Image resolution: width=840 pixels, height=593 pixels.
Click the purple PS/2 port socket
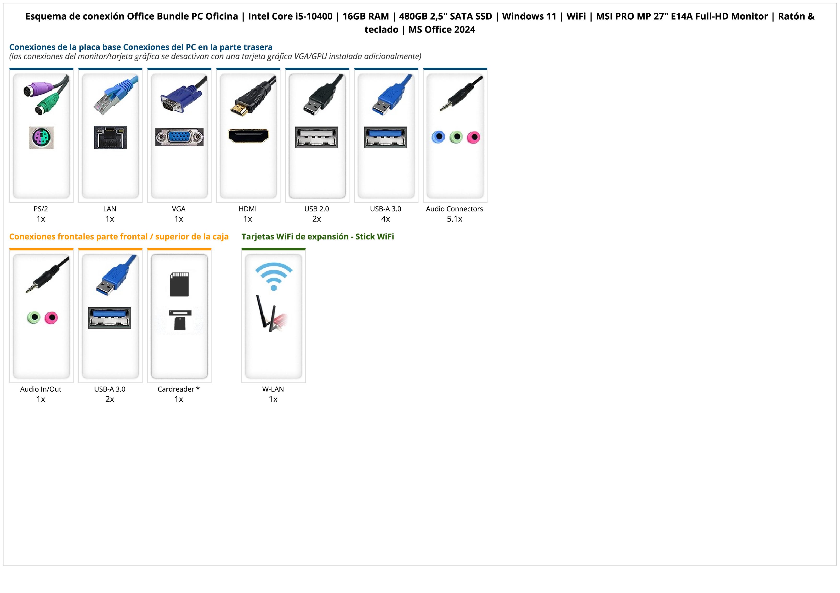[41, 137]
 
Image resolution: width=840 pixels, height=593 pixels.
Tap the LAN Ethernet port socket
[110, 137]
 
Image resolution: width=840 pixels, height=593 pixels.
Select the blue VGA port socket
[179, 137]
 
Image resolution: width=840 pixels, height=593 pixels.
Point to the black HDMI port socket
[248, 136]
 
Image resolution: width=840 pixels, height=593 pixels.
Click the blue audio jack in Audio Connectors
[438, 137]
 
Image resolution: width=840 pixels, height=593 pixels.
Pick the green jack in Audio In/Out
[34, 317]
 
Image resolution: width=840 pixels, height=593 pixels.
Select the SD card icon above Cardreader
[179, 284]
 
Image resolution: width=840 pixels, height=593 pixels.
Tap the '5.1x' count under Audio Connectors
[454, 219]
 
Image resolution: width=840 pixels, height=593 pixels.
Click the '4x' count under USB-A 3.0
[386, 219]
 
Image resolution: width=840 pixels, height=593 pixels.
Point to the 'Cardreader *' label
[179, 389]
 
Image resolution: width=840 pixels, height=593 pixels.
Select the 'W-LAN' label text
[273, 389]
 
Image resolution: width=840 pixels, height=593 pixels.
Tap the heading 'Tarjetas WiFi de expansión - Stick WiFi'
[318, 237]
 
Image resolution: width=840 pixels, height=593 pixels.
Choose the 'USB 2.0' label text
[317, 209]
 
